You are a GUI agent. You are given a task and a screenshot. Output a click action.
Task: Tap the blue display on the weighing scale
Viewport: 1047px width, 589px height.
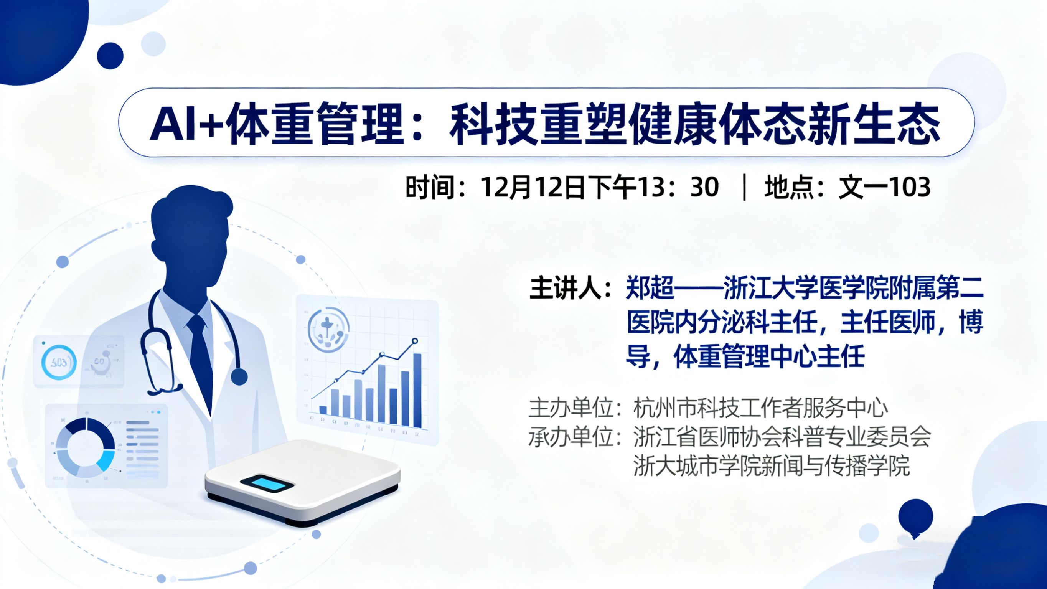(x=267, y=484)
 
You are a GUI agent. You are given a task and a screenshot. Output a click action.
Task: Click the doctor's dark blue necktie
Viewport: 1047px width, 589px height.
(x=200, y=358)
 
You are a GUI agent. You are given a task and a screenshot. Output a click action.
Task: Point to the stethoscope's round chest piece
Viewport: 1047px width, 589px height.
(x=239, y=377)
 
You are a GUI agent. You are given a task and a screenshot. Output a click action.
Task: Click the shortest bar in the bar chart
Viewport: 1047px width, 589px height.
(x=323, y=410)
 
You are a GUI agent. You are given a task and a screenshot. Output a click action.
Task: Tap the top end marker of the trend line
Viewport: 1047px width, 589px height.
(x=415, y=341)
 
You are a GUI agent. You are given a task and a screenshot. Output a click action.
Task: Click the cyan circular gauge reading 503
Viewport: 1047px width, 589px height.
(x=59, y=362)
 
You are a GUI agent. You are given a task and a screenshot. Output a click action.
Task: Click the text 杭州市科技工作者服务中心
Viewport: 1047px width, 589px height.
(x=760, y=408)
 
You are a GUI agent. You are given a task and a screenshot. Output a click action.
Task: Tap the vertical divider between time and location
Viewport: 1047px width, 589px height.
(x=744, y=187)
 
